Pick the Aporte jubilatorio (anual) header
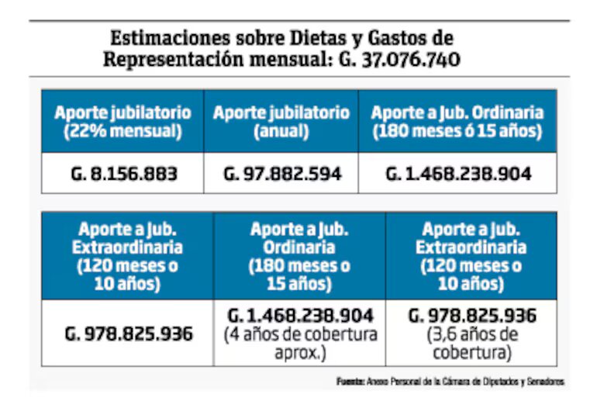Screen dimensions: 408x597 coord(281,121)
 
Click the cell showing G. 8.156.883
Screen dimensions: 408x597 coord(123,174)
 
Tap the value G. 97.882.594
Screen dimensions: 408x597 coord(281,174)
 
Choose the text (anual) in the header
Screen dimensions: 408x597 coord(281,131)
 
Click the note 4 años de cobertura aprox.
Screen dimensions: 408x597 coord(300,344)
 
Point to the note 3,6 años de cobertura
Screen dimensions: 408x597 coord(471,344)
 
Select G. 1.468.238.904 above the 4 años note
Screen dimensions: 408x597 coord(300,316)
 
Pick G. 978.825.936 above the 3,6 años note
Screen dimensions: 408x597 coord(471,316)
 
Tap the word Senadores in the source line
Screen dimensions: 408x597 coord(546,382)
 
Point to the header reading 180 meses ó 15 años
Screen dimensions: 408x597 coord(457,131)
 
